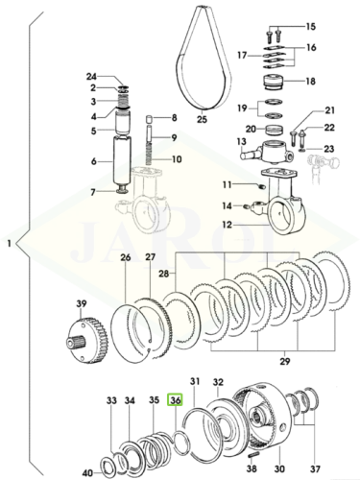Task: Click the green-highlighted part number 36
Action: point(176,400)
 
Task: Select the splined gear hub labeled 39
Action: point(86,342)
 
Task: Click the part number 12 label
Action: point(227,225)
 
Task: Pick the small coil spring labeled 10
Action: point(148,155)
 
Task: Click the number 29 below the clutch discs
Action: point(285,361)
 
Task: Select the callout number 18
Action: point(310,82)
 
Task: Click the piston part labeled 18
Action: point(274,83)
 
